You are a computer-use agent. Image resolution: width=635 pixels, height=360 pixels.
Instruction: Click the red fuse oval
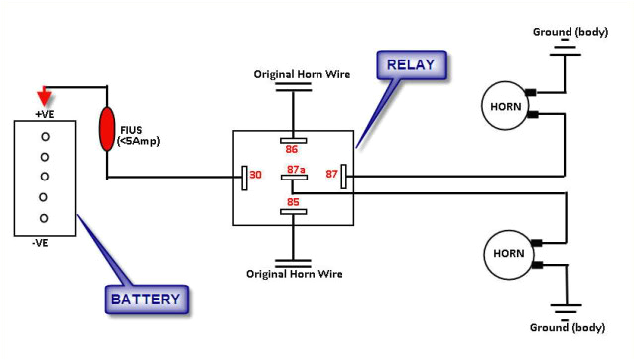(107, 130)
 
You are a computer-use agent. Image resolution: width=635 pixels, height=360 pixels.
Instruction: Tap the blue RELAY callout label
(411, 67)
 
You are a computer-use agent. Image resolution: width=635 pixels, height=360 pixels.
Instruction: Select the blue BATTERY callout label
(145, 298)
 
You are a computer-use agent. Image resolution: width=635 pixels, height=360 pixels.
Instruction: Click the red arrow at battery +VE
(44, 97)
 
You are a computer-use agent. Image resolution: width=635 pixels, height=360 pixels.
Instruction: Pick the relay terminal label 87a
(296, 169)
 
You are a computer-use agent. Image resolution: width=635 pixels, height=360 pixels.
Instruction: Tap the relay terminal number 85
(293, 201)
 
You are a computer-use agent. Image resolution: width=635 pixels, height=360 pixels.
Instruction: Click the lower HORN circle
(503, 254)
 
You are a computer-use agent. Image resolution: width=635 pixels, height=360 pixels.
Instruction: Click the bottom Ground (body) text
(567, 327)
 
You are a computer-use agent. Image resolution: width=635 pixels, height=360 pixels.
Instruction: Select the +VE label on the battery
(45, 114)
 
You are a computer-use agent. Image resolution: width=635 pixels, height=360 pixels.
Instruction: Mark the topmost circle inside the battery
(45, 135)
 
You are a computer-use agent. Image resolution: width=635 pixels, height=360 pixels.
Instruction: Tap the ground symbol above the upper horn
(567, 49)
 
